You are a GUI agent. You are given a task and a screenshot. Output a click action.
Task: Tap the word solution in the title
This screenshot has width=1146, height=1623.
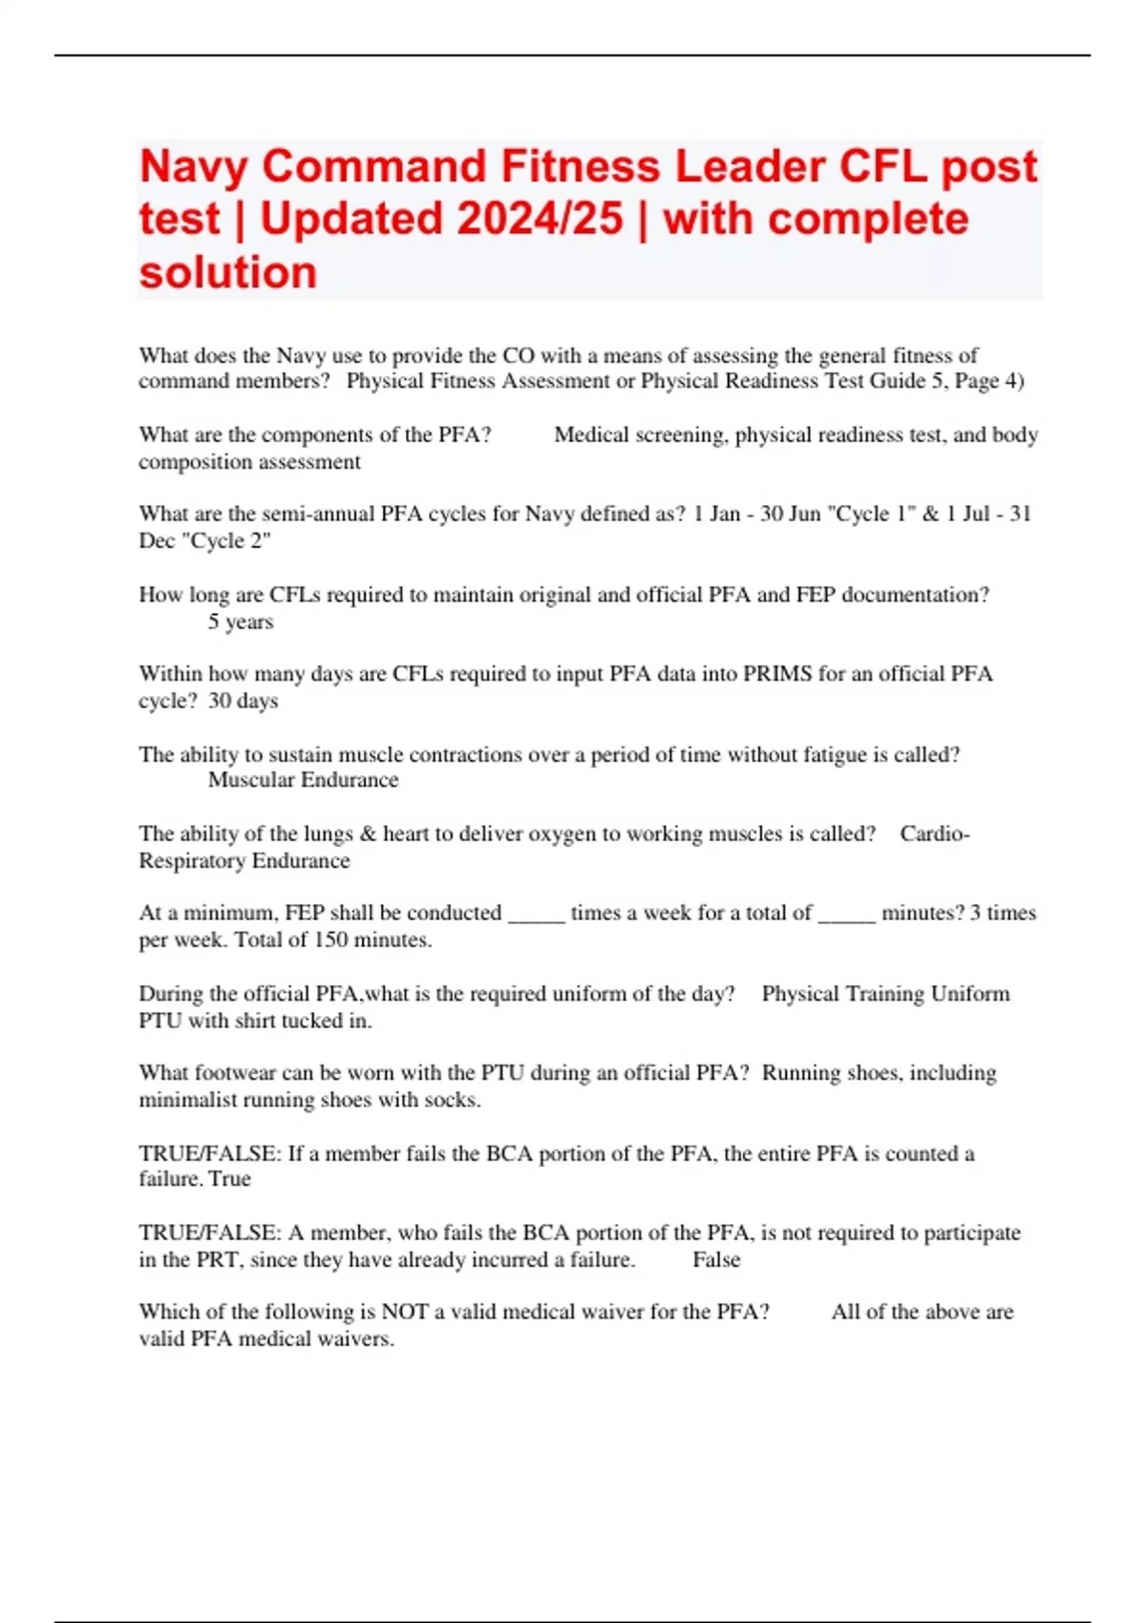point(228,273)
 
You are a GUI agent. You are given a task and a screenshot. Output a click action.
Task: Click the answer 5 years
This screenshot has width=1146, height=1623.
point(241,622)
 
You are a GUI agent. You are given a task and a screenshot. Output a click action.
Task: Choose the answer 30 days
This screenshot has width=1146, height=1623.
point(244,701)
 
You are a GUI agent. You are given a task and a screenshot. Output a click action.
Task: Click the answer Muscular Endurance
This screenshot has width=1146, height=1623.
point(303,780)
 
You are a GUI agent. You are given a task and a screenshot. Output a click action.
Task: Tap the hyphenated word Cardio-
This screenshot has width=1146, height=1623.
point(934,833)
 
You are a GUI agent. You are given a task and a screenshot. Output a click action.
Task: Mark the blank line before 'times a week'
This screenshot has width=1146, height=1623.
point(537,915)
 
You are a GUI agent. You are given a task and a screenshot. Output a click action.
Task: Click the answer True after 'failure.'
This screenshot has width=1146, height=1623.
point(230,1179)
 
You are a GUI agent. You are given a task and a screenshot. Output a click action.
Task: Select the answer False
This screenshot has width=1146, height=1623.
point(716,1260)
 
